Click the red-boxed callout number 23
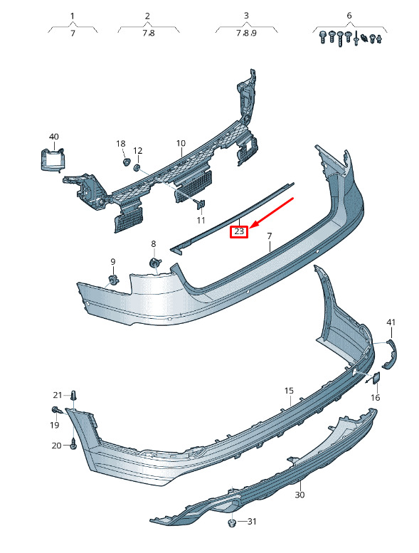pos(239,232)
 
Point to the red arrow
pos(273,212)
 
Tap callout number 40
pos(54,137)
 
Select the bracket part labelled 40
pos(53,160)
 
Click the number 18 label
pos(120,144)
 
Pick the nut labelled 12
pos(137,167)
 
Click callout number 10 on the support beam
pos(181,143)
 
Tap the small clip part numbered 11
pos(201,204)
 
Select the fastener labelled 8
pos(154,263)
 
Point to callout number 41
pos(391,322)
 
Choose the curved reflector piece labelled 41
pos(391,354)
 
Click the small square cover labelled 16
pos(376,378)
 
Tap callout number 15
pos(289,391)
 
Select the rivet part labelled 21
pos(74,396)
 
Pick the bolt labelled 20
pos(73,445)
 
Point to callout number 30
pos(299,495)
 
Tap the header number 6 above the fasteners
pos(349,16)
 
